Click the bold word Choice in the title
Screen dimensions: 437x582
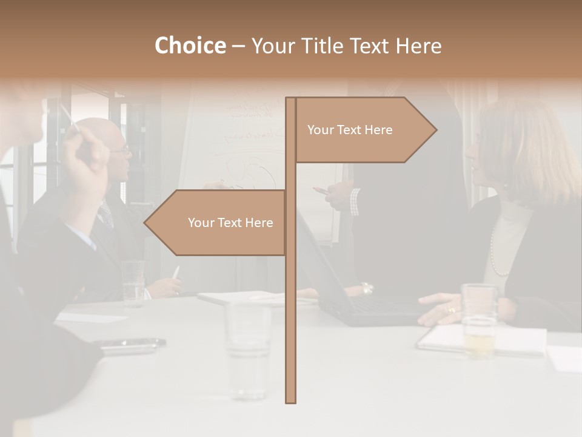(190, 46)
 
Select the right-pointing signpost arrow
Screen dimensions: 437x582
(364, 130)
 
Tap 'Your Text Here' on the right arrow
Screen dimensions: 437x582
(350, 130)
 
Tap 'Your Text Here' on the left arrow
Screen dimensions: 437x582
(230, 223)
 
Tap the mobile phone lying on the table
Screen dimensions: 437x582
(133, 344)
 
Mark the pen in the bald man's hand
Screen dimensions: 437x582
(176, 273)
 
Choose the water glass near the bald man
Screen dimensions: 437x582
(133, 283)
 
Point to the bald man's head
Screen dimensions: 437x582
(103, 137)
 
